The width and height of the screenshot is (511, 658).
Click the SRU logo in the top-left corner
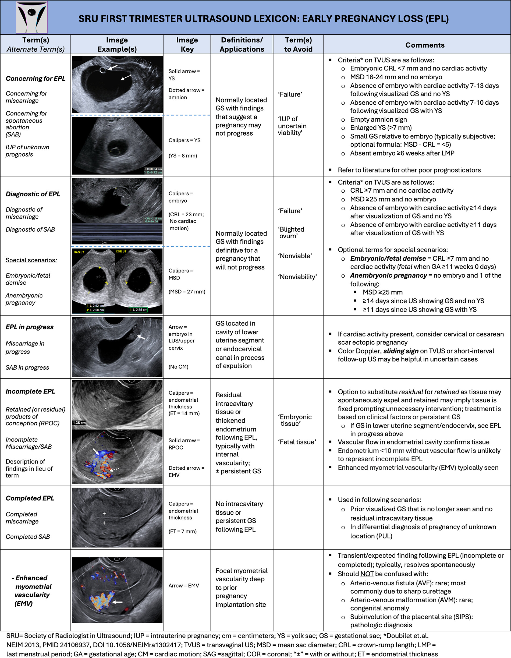(x=32, y=17)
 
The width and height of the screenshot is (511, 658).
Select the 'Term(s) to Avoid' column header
(x=298, y=45)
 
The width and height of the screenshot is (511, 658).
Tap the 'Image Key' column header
(x=187, y=45)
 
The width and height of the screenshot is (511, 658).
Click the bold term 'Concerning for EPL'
(x=36, y=79)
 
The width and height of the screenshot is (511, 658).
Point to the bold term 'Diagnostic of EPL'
(x=33, y=194)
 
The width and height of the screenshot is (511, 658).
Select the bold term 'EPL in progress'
(x=30, y=327)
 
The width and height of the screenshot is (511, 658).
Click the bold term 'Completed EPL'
(x=30, y=498)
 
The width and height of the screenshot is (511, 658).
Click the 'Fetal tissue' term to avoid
(x=297, y=442)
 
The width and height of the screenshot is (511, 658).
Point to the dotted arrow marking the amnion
(x=126, y=77)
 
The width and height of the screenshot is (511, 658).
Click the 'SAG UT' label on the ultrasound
(x=79, y=252)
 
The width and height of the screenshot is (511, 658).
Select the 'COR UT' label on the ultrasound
(x=121, y=251)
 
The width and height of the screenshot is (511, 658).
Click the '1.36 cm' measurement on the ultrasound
(x=79, y=423)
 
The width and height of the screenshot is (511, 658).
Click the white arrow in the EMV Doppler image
(x=117, y=602)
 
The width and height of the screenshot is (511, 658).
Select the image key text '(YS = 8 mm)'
(x=183, y=156)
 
